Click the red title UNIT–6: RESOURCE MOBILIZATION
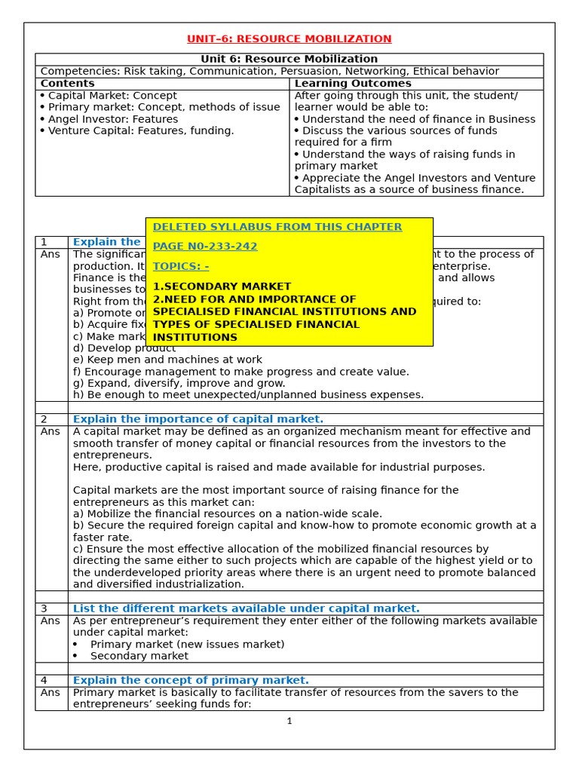[x=289, y=39]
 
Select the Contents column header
[x=67, y=84]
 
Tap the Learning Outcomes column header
[x=352, y=84]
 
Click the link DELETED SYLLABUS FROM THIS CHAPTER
[x=277, y=227]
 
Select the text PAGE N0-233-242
[x=204, y=247]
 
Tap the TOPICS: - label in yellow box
[x=181, y=266]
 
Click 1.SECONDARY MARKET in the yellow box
[x=222, y=286]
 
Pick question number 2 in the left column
[x=44, y=419]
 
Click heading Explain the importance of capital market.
[x=198, y=419]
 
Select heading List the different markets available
[x=246, y=608]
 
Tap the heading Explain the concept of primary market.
[x=191, y=680]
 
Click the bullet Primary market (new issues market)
[x=187, y=644]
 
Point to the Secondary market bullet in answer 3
[x=139, y=656]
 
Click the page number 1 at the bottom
[x=289, y=721]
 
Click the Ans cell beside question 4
[x=50, y=692]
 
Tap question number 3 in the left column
[x=44, y=608]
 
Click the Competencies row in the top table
[x=269, y=72]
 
